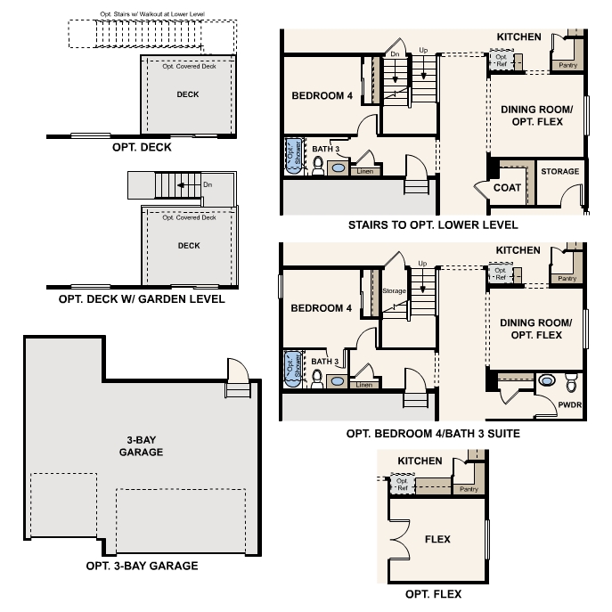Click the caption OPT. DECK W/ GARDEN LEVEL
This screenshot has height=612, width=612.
pos(142,299)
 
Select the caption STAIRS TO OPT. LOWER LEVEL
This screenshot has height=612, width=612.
pos(433,225)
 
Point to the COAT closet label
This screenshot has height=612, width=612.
pos(507,188)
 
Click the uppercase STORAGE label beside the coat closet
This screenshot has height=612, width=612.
pos(559,171)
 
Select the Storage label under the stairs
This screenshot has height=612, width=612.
pos(394,291)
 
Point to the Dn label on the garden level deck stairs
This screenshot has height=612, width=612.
pos(208,185)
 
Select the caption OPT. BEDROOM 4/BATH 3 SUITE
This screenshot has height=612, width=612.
pos(433,434)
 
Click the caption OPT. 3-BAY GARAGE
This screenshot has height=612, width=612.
pos(142,566)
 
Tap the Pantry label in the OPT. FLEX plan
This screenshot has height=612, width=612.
pos(469,489)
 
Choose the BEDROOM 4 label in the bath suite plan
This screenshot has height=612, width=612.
pos(322,308)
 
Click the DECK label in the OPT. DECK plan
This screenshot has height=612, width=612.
pos(188,94)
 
